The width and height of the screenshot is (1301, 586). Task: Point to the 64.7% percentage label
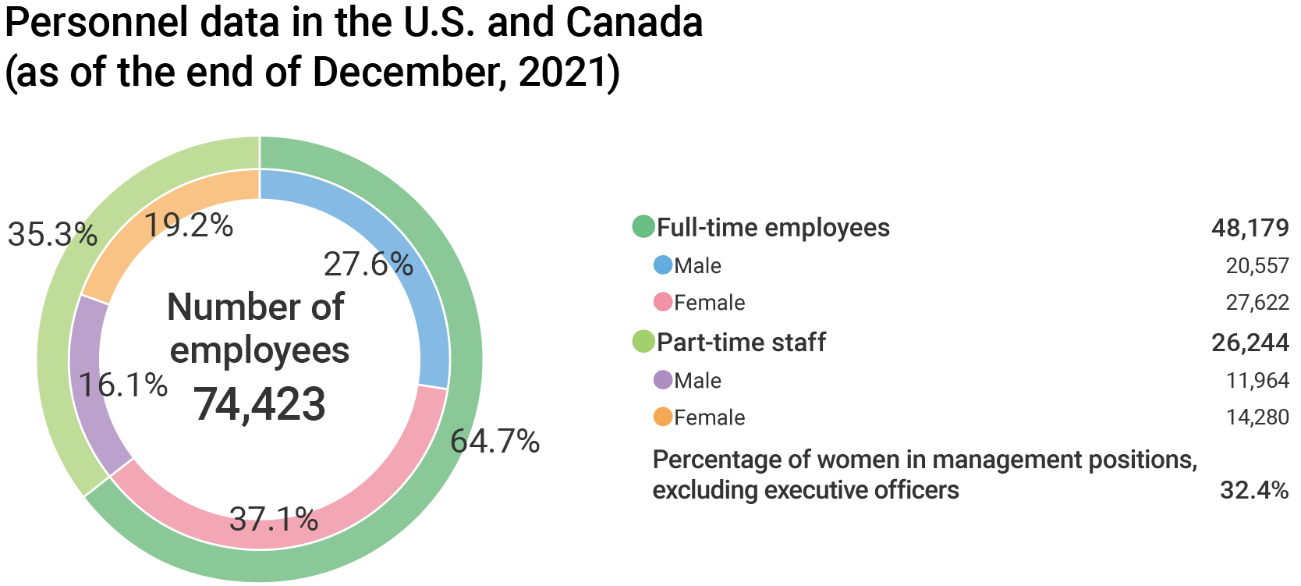tap(495, 442)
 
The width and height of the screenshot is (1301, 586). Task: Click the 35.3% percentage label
tap(52, 234)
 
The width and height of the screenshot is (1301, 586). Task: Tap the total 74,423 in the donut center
tap(260, 404)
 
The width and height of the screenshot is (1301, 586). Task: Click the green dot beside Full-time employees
tap(643, 227)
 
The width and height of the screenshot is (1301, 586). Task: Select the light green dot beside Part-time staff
tap(643, 342)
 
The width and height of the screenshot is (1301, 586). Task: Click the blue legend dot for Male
tap(663, 265)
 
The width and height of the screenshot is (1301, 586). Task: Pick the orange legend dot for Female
tap(663, 417)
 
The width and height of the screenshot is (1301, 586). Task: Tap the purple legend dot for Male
tap(663, 380)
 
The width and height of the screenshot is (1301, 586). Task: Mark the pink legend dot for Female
tap(663, 302)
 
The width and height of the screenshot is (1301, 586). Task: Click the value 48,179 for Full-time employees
tap(1250, 228)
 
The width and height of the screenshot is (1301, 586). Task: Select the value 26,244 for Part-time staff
tap(1250, 343)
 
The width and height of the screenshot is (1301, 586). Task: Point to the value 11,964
tap(1257, 380)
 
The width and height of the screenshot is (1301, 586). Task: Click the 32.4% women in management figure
tap(1254, 490)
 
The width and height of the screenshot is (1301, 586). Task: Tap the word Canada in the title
tap(634, 22)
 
